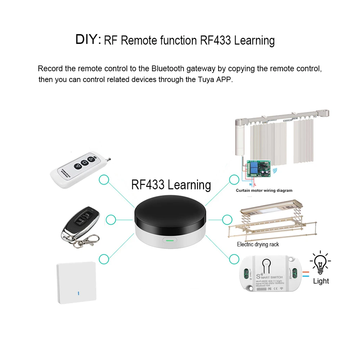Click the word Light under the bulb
coord(321,281)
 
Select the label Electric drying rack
coord(258,244)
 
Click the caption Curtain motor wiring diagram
coord(264,190)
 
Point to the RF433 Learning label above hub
coord(171,185)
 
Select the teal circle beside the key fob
coord(111,219)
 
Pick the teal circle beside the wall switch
coord(104,258)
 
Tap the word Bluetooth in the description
coord(167,68)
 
